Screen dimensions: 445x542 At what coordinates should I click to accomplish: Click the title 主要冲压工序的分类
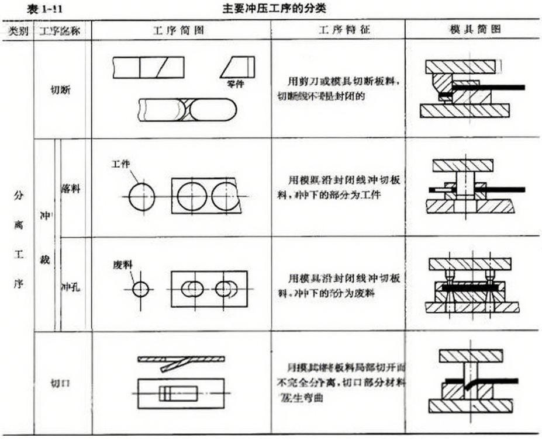tap(270, 9)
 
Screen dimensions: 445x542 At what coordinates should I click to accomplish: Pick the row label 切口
tap(61, 383)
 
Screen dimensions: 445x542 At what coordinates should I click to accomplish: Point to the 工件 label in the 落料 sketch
tap(120, 165)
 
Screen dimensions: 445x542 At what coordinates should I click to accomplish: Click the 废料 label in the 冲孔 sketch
tap(120, 265)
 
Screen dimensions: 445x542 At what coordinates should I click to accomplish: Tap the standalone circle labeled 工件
tap(143, 196)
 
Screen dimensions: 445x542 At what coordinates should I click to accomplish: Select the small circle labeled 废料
tap(141, 288)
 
